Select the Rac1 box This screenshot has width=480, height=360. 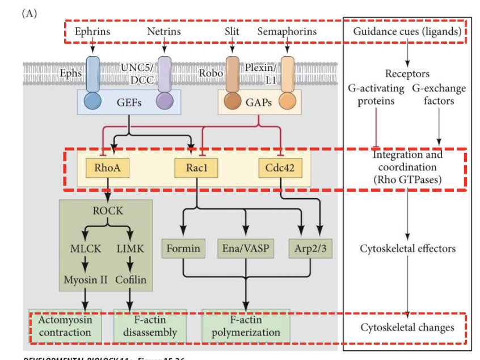pyautogui.click(x=195, y=168)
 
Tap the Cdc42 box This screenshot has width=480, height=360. pyautogui.click(x=280, y=168)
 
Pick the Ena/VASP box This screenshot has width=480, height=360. pyautogui.click(x=246, y=249)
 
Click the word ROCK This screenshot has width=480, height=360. pyautogui.click(x=108, y=211)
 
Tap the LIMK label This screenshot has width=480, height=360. pyautogui.click(x=130, y=249)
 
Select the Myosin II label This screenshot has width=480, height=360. pyautogui.click(x=85, y=280)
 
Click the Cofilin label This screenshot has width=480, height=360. pyautogui.click(x=131, y=280)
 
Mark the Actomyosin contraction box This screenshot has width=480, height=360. pyautogui.click(x=65, y=326)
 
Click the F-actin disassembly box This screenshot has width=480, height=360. pyautogui.click(x=150, y=326)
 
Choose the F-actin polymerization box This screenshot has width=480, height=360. pyautogui.click(x=246, y=326)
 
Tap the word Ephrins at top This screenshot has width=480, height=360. pyautogui.click(x=92, y=31)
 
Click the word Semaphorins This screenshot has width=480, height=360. pyautogui.click(x=287, y=31)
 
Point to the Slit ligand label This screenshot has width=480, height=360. pyautogui.click(x=232, y=31)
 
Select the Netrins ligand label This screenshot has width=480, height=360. pyautogui.click(x=164, y=31)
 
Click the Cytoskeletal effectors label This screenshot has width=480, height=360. pyautogui.click(x=407, y=249)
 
